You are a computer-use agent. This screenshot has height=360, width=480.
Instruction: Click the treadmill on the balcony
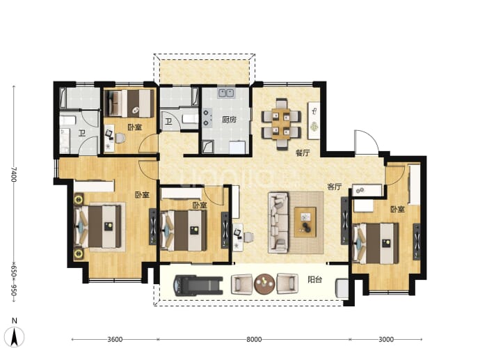tap(198, 285)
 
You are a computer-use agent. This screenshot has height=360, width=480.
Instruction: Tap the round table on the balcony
tap(264, 284)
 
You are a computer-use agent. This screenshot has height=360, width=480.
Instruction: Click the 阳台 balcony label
tap(315, 279)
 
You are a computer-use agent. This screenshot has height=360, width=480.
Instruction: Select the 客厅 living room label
tap(334, 187)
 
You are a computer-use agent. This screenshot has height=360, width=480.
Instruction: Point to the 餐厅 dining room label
tap(303, 153)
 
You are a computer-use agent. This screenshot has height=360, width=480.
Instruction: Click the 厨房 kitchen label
tap(230, 119)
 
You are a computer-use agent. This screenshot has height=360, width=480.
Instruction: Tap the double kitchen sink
tap(226, 93)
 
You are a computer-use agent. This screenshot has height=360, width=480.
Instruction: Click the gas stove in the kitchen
tap(207, 118)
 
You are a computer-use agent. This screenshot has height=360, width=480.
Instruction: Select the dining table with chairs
tap(281, 124)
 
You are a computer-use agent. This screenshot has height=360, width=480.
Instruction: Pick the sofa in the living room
tap(278, 223)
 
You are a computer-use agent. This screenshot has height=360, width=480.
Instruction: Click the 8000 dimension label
tap(254, 339)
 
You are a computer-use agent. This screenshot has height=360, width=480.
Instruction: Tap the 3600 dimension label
tap(115, 339)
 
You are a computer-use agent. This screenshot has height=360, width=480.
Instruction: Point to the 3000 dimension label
tap(386, 339)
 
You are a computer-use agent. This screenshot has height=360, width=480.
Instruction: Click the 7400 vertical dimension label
tap(13, 174)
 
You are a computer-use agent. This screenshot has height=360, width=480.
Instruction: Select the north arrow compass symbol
tap(15, 334)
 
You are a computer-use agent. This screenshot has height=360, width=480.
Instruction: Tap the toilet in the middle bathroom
tap(190, 118)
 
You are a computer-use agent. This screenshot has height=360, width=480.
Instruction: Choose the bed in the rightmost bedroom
tap(376, 243)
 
